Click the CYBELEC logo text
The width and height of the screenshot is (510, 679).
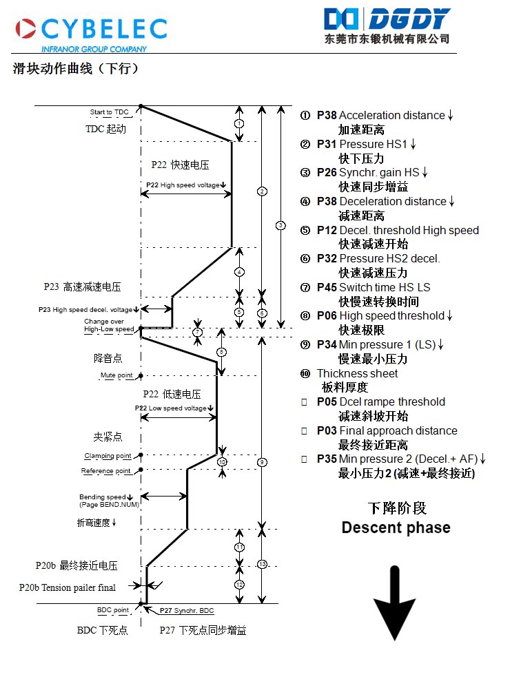click(x=103, y=28)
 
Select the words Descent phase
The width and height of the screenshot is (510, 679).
click(x=396, y=528)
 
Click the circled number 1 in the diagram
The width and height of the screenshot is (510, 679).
click(x=238, y=123)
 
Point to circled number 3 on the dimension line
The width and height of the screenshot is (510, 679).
click(x=280, y=225)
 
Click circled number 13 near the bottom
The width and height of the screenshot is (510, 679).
click(x=261, y=565)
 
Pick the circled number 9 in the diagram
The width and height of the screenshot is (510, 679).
click(x=261, y=462)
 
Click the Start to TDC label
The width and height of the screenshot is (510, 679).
click(x=109, y=112)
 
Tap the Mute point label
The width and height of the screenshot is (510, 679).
click(x=116, y=375)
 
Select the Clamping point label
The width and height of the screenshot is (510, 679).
click(x=108, y=456)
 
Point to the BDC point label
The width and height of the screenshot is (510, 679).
click(x=112, y=610)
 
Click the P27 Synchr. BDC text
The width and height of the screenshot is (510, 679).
click(x=186, y=611)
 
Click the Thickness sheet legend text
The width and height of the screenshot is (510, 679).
click(x=356, y=373)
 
